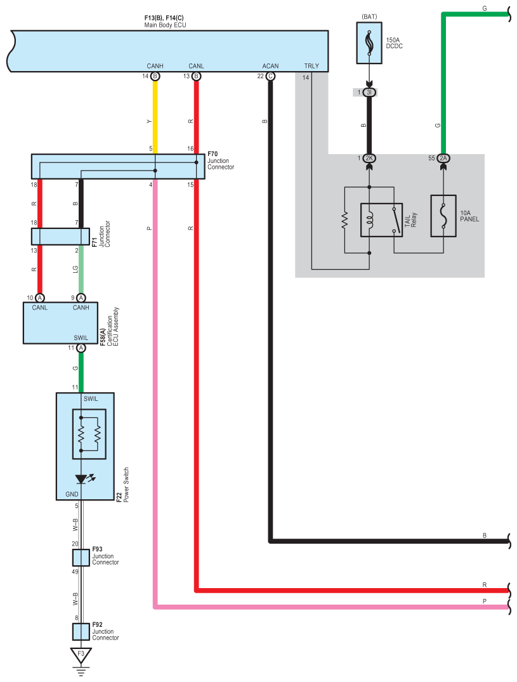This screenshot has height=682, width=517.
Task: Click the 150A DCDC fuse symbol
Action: click(369, 43)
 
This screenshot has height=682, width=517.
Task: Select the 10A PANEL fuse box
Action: click(443, 216)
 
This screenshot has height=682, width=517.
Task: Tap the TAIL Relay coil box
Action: click(381, 220)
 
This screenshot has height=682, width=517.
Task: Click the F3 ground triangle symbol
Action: click(81, 655)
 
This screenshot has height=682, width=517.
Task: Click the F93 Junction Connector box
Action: click(81, 558)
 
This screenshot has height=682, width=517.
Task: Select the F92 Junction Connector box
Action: click(81, 631)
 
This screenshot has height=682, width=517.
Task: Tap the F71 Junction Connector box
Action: click(60, 236)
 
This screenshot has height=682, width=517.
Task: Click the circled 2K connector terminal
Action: click(369, 159)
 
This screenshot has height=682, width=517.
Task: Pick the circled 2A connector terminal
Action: click(443, 159)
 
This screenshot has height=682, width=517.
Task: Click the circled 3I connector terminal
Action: click(369, 92)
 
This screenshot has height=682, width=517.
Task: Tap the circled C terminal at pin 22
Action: click(270, 77)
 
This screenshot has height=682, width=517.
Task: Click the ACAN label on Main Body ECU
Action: click(270, 66)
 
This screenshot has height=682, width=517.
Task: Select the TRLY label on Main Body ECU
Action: click(311, 66)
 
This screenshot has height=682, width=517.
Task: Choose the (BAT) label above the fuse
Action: click(369, 16)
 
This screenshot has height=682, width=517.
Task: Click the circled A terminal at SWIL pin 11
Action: click(81, 348)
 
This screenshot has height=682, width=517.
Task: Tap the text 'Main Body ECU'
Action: click(165, 25)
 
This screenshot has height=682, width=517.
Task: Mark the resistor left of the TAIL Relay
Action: click(345, 220)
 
